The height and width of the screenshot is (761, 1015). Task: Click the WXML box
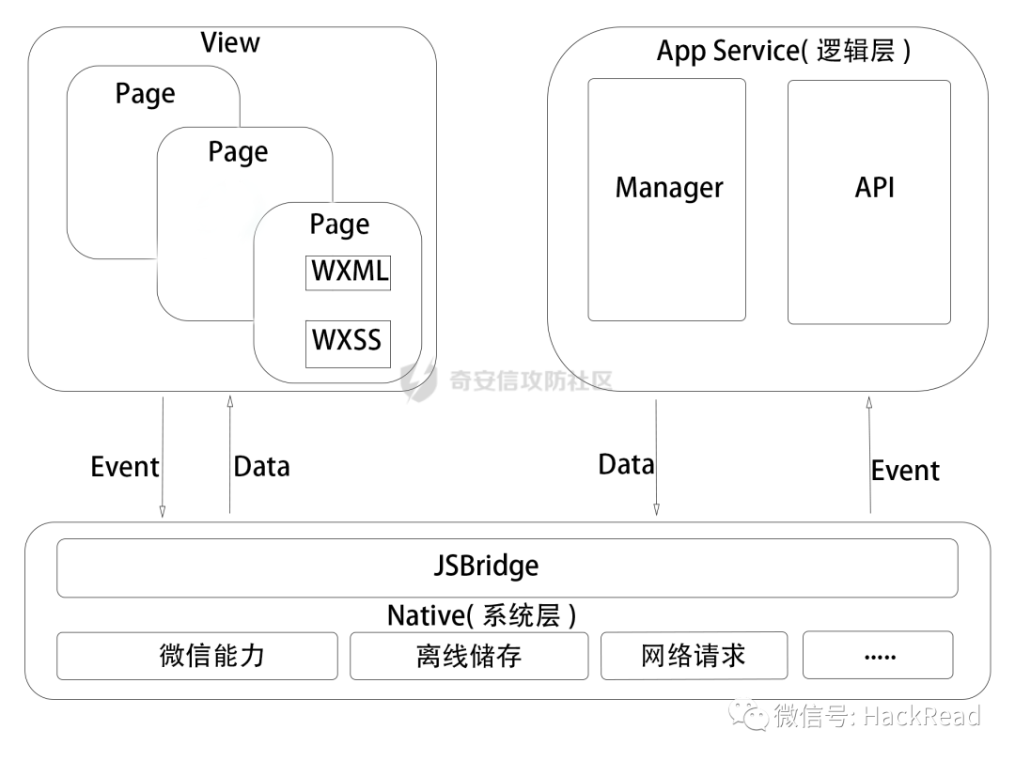coord(348,272)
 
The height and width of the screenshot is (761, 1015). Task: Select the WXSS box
coord(348,340)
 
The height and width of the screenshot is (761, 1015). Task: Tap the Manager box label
coord(669,187)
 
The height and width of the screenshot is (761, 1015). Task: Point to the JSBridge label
coord(487,567)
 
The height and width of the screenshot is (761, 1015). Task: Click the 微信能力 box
coord(197,656)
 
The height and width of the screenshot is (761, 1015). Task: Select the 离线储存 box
coord(469,656)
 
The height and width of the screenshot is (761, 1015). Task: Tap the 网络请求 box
coord(694,655)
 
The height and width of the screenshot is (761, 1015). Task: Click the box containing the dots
coord(878,655)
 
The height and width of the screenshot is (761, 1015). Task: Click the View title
coord(230,42)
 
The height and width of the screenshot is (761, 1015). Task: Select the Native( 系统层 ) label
coord(481,615)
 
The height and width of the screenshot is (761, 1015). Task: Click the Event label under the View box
coord(124,467)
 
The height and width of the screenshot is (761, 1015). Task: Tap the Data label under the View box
coord(261,467)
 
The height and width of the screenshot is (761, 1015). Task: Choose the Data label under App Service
coord(626,464)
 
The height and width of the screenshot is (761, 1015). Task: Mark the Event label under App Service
coord(904,470)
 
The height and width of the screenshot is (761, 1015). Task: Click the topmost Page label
coord(145,94)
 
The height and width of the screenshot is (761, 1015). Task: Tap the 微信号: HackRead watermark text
coord(876,717)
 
